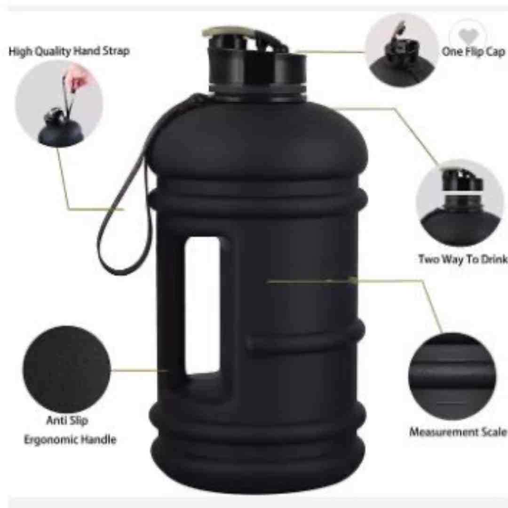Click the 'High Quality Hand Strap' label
(69, 52)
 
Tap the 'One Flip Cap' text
(473, 52)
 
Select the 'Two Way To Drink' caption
(463, 259)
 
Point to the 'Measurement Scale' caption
(458, 432)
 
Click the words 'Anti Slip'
(67, 421)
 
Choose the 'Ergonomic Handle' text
(70, 440)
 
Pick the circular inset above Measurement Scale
(452, 376)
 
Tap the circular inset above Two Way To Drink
(460, 203)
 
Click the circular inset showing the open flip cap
(402, 50)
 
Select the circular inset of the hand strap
(59, 103)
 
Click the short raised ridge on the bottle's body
(303, 340)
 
